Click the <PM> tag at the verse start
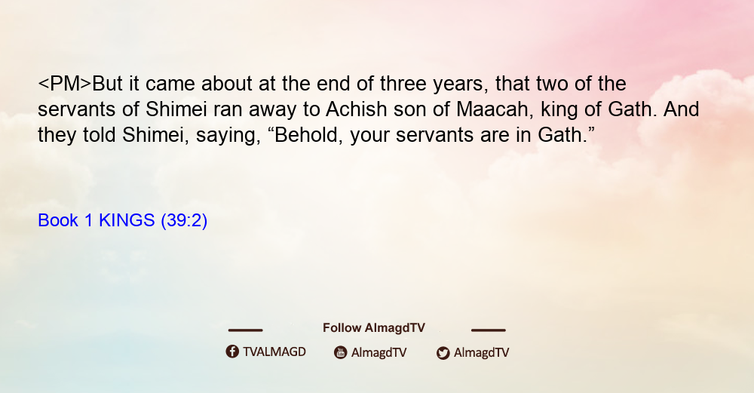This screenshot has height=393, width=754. tap(64, 84)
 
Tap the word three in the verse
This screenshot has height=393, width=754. tap(403, 84)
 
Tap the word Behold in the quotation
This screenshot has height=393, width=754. tap(308, 135)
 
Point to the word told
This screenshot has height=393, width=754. tap(100, 135)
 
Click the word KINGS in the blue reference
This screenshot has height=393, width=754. tap(127, 220)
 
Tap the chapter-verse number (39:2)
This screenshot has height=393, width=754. tap(184, 221)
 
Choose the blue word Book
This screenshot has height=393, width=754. tap(58, 220)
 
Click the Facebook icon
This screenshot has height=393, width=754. tap(232, 352)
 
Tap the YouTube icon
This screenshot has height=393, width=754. tap(341, 352)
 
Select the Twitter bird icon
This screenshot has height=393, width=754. tap(443, 353)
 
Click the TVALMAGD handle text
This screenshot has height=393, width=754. tap(274, 352)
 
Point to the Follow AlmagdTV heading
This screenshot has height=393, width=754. tap(374, 327)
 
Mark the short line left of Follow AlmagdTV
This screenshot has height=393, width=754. tap(245, 330)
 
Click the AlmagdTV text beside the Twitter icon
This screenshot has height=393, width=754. tap(481, 352)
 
